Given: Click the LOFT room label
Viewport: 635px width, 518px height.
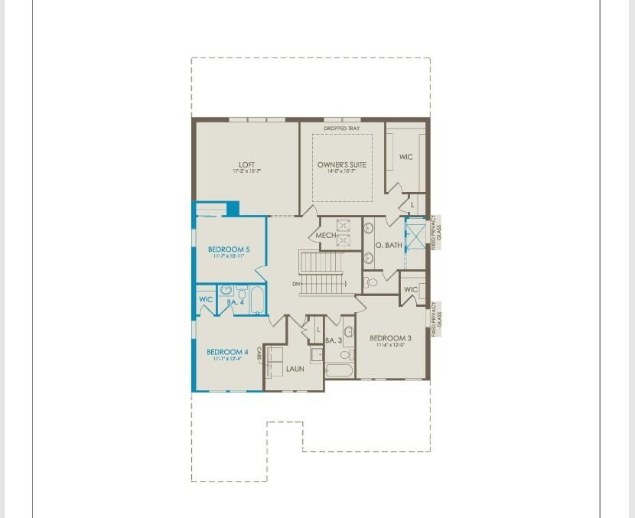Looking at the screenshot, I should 246,165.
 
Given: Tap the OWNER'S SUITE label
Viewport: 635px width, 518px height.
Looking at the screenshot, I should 341,165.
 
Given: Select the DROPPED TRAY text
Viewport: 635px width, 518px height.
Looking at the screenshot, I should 341,129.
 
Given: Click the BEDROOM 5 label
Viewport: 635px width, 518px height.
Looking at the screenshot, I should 229,249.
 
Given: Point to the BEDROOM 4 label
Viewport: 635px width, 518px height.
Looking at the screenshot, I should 227,352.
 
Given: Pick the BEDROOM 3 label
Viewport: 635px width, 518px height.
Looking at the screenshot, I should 390,338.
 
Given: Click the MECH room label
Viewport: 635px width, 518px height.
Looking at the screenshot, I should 325,236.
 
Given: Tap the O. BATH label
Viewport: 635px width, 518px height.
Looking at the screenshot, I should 388,245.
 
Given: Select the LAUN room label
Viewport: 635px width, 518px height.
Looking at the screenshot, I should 295,369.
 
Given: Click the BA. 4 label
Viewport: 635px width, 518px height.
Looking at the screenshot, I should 235,303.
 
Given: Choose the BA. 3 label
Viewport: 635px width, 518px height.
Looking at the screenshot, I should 333,340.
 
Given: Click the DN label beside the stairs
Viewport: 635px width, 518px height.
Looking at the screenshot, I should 296,285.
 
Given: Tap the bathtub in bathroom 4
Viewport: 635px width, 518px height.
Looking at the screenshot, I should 257,300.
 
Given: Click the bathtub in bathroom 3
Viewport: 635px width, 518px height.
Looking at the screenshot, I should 339,371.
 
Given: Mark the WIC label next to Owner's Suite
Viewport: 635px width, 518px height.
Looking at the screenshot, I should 405,157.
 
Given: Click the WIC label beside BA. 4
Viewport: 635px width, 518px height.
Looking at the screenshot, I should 206,299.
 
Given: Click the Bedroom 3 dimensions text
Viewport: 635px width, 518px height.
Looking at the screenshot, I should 390,346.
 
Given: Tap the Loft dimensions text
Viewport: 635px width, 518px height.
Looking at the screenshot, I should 246,171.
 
